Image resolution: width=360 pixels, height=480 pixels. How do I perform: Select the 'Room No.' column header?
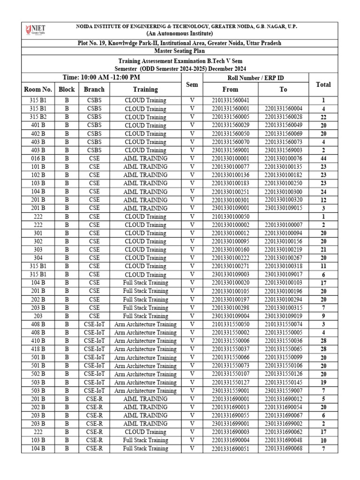37,89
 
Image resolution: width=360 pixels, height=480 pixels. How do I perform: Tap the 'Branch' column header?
94,89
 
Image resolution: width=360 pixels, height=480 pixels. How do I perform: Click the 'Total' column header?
323,85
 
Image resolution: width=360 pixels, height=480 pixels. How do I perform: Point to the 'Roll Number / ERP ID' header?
255,78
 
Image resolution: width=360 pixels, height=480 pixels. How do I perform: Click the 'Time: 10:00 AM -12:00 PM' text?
101,77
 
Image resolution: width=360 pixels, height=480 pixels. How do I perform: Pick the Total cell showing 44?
323,158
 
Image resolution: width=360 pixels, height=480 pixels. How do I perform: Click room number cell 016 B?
37,158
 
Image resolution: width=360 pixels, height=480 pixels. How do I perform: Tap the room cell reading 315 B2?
37,117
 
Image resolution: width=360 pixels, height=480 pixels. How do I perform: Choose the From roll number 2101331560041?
231,100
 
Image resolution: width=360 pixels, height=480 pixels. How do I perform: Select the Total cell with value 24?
323,192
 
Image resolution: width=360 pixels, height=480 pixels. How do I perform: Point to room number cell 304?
37,258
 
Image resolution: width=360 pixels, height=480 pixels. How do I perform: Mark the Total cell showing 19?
323,382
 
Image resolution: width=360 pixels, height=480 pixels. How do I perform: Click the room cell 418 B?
37,349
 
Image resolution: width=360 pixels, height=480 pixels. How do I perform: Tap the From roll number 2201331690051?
231,449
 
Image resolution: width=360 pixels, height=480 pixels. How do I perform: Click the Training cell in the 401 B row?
145,125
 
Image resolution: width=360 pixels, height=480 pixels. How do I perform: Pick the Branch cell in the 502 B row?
94,374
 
